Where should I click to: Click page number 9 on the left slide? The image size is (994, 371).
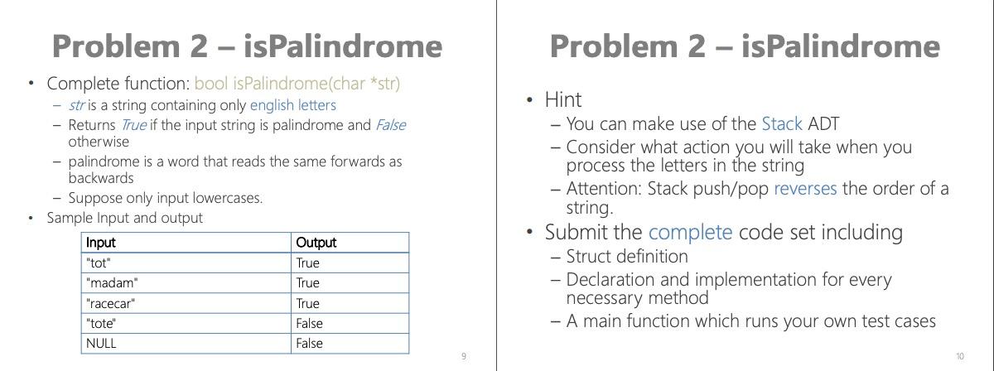[464, 357]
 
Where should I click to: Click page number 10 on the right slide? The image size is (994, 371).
[959, 357]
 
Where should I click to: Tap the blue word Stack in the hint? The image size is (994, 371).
[781, 124]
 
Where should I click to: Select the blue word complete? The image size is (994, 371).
[690, 232]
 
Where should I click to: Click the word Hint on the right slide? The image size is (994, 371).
[563, 100]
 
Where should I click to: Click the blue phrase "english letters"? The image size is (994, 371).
[293, 105]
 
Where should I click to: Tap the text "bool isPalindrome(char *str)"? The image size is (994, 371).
[297, 84]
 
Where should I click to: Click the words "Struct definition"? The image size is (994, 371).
[627, 257]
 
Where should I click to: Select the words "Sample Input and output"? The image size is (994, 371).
[124, 218]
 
